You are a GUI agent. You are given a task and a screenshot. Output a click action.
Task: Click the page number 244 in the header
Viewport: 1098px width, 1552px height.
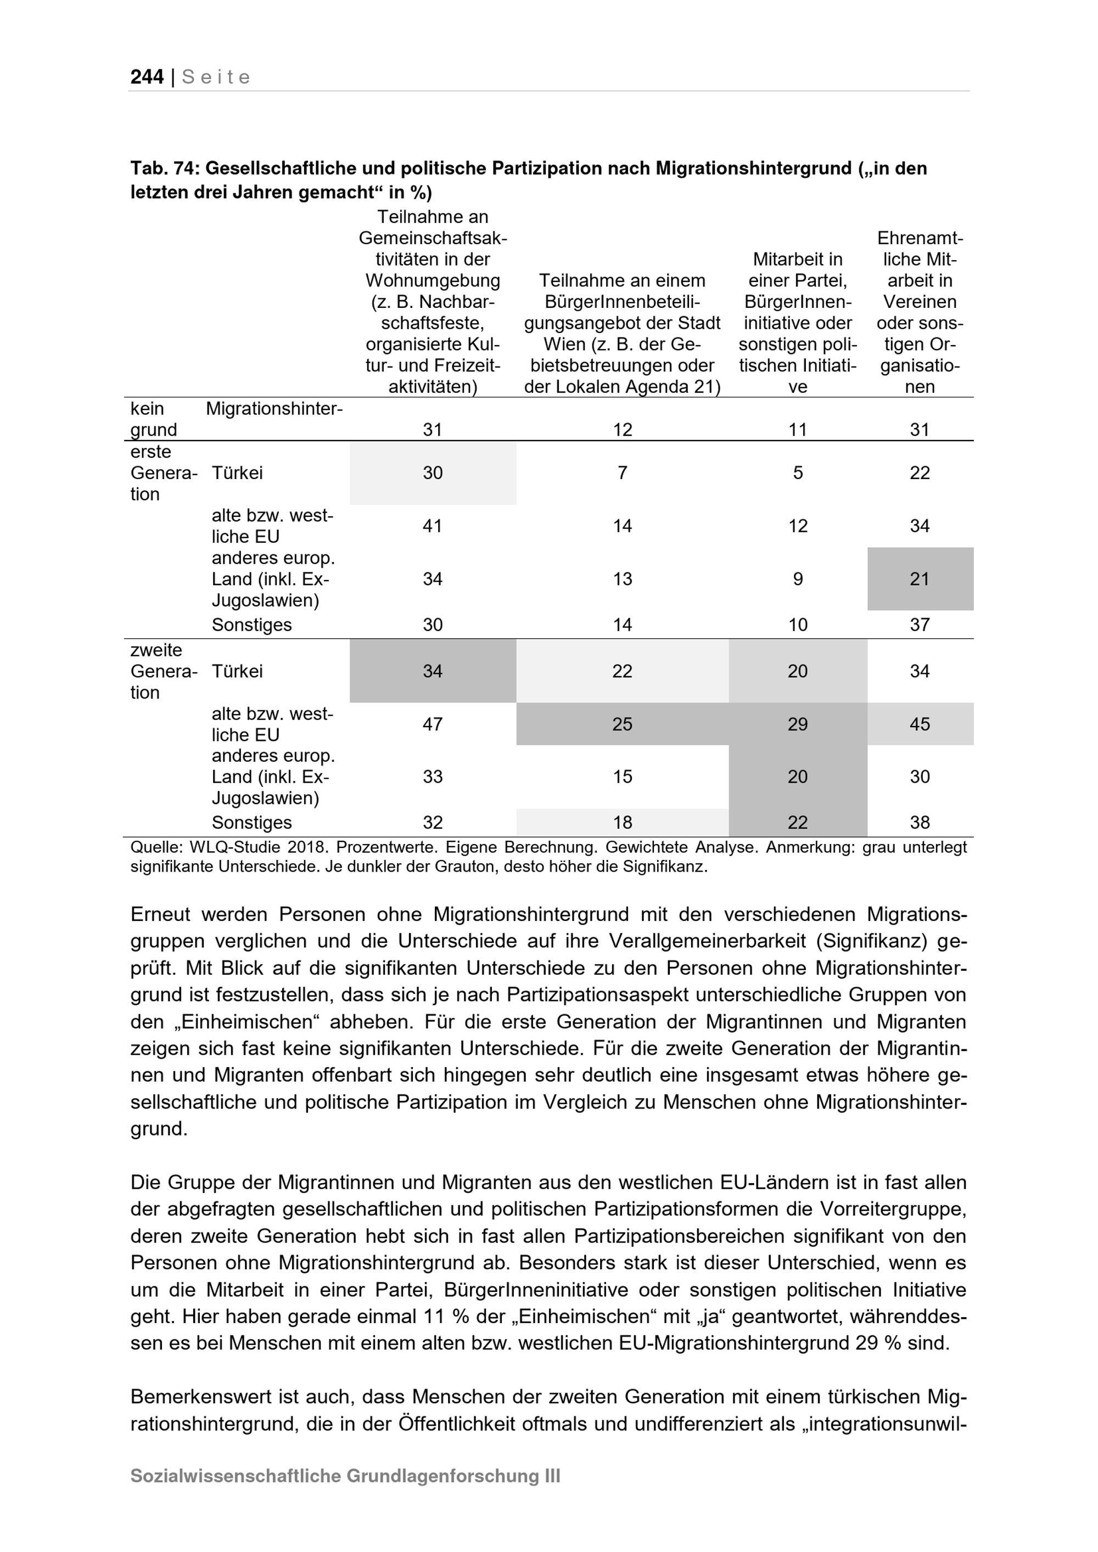147,77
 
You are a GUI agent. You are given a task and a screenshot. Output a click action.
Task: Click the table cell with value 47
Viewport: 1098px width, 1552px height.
433,724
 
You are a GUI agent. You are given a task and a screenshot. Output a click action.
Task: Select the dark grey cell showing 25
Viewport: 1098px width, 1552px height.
622,724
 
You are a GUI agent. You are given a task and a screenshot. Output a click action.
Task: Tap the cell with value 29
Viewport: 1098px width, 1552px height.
798,724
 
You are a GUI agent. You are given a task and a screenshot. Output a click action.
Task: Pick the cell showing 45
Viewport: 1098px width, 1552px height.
920,724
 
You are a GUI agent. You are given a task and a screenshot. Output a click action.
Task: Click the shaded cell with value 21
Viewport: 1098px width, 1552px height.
920,578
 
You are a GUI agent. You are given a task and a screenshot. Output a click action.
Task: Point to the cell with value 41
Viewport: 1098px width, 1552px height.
433,526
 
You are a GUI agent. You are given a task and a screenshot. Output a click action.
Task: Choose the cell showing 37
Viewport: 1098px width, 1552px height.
920,625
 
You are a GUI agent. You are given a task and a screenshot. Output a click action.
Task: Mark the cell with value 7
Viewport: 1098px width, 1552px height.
622,473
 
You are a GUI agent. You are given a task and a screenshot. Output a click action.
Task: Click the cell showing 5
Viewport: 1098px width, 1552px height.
798,473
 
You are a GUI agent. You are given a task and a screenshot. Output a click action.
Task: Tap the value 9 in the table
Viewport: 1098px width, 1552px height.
798,578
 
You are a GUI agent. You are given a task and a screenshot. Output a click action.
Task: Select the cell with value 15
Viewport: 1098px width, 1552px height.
622,777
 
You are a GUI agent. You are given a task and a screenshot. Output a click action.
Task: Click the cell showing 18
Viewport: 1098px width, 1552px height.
622,823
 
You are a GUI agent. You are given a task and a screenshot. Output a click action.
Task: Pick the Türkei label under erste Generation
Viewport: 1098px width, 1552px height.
237,473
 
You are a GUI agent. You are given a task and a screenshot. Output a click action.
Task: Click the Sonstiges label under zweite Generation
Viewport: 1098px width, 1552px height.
251,823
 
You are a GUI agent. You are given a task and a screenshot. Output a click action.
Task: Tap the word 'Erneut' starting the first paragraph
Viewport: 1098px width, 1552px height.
161,914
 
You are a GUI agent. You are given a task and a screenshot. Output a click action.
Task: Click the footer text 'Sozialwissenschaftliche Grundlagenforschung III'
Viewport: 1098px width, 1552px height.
345,1476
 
